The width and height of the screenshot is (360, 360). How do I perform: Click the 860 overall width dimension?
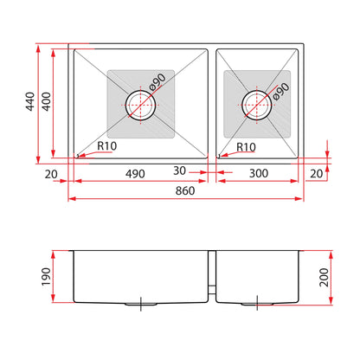(x=185, y=190)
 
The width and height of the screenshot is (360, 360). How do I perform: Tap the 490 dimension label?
(x=135, y=174)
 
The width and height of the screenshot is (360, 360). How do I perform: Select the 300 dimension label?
(x=259, y=173)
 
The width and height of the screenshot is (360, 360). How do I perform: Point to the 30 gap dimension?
(x=179, y=170)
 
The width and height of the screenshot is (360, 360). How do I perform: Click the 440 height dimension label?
(x=30, y=101)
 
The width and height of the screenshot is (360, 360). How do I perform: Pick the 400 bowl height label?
(x=46, y=101)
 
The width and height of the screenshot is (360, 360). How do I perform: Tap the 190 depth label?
(x=46, y=277)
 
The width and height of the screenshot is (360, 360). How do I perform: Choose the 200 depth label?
(x=324, y=277)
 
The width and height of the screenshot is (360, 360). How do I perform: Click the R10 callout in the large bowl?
(x=107, y=146)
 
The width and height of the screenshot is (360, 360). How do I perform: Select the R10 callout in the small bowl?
(x=246, y=147)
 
